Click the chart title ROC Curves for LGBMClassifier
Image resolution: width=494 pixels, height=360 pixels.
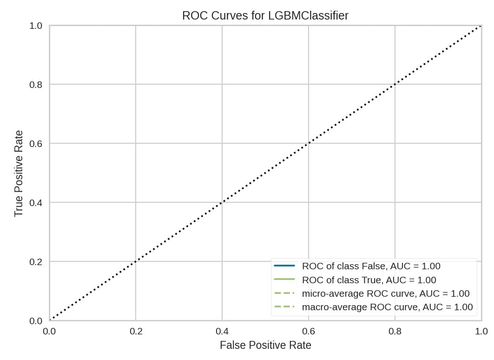point(265,15)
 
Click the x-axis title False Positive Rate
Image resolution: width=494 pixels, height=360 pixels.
point(265,345)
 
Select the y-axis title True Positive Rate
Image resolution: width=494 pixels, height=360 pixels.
point(19,173)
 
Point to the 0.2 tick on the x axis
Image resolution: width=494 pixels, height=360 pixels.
point(136,331)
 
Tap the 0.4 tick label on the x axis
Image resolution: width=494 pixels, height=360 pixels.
point(222,331)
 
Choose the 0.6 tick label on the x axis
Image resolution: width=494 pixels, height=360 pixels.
point(309,331)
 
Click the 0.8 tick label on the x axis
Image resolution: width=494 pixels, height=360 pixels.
point(395,331)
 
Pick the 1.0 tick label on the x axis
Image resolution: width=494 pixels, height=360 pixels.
point(481,331)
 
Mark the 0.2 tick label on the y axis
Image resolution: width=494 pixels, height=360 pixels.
point(36,262)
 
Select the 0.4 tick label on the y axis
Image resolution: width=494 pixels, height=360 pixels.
point(36,203)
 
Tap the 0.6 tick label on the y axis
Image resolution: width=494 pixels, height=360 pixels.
point(36,144)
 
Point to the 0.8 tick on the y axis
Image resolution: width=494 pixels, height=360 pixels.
point(36,85)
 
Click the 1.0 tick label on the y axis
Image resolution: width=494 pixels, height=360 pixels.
point(36,26)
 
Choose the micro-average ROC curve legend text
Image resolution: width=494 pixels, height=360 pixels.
point(386,293)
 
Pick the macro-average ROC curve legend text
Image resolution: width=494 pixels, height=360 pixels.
point(387,307)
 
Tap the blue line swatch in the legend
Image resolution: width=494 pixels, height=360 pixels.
point(284,266)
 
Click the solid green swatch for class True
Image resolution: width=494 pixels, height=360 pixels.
point(284,280)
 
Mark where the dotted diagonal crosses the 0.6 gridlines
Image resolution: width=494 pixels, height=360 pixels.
point(309,143)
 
